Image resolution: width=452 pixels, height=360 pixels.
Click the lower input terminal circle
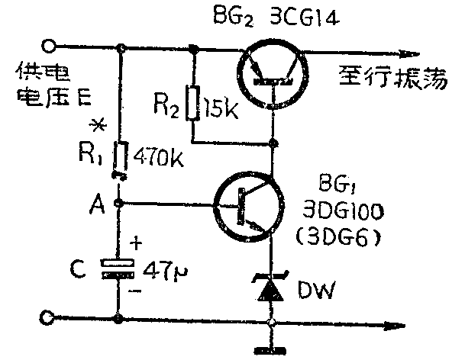click(x=50, y=317)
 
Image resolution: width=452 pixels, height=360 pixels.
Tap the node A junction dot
click(x=120, y=204)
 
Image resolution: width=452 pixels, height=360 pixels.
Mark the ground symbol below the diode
click(x=272, y=349)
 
